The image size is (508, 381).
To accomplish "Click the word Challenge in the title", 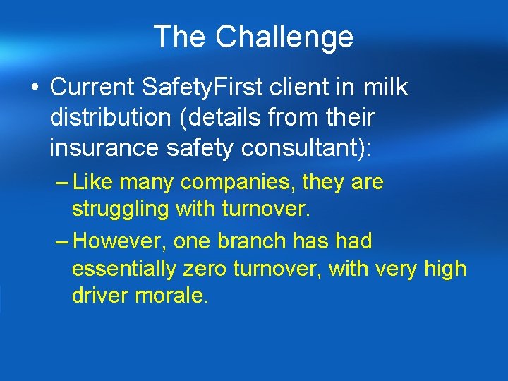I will tap(284, 37).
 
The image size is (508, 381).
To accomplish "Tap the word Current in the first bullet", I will tap(93, 87).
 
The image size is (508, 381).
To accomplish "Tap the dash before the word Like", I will tap(61, 183).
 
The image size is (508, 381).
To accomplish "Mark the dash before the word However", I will tap(61, 241).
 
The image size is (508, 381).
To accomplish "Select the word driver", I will tap(96, 295).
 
